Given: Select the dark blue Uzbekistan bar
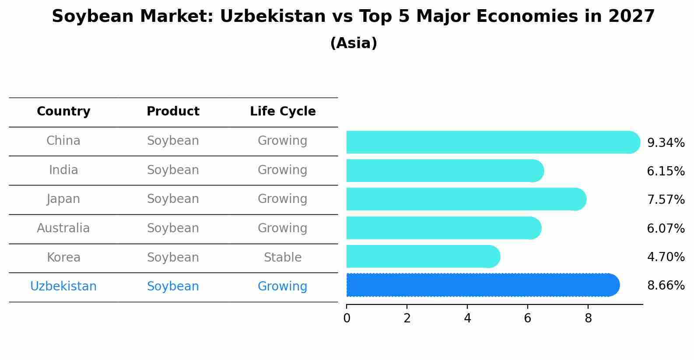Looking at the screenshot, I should pyautogui.click(x=481, y=285).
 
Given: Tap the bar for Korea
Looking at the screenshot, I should pyautogui.click(x=422, y=256).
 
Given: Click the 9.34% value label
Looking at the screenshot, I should pyautogui.click(x=666, y=143).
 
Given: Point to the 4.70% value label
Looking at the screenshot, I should pyautogui.click(x=666, y=257).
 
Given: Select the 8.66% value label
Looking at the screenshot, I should pyautogui.click(x=666, y=286).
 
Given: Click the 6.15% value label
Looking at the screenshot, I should pyautogui.click(x=666, y=171).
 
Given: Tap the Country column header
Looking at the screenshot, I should pyautogui.click(x=63, y=112).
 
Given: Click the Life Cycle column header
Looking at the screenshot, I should pyautogui.click(x=283, y=112).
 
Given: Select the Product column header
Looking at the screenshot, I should pyautogui.click(x=173, y=112).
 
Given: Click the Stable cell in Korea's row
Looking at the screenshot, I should pyautogui.click(x=283, y=258).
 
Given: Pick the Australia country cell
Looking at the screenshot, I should pyautogui.click(x=63, y=228).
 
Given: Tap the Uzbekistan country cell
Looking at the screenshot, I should pyautogui.click(x=63, y=287).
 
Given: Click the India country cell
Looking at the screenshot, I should pyautogui.click(x=63, y=170).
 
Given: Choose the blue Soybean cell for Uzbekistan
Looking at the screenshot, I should pyautogui.click(x=173, y=287).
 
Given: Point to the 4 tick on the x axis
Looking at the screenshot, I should pyautogui.click(x=467, y=318).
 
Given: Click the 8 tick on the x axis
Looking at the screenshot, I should pyautogui.click(x=588, y=318).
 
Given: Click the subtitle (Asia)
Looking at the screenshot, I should pyautogui.click(x=354, y=43).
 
